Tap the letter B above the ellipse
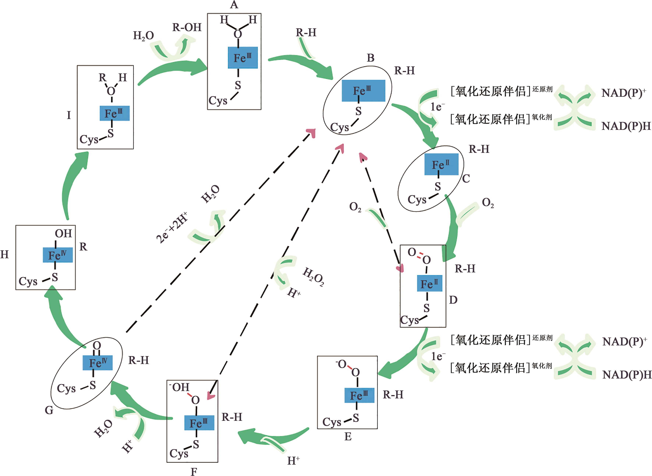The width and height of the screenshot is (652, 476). click(370, 58)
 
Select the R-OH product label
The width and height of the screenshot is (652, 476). click(187, 27)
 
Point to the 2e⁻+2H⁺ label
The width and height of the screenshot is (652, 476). click(172, 228)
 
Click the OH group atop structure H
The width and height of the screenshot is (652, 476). click(63, 233)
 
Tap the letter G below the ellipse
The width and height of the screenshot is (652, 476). click(49, 410)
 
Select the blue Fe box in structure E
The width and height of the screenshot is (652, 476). click(359, 395)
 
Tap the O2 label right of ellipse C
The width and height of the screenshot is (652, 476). click(488, 203)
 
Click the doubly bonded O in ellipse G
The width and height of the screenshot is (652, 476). click(97, 345)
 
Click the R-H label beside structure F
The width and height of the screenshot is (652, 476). click(232, 417)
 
